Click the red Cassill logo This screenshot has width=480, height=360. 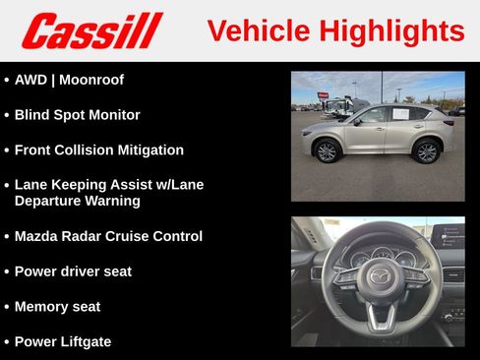point(91,30)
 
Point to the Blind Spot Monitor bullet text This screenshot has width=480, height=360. point(77,115)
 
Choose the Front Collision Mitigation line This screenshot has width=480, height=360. point(98,150)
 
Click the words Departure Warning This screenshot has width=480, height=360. point(77,201)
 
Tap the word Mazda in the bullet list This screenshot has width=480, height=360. point(37,236)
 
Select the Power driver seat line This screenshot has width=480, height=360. point(73,271)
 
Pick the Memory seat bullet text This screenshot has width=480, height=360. point(57,307)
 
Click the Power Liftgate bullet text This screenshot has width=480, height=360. point(63,342)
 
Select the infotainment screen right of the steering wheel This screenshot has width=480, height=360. point(451,236)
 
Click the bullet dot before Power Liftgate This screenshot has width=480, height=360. point(7,342)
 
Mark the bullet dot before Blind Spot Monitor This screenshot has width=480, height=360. point(7,115)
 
